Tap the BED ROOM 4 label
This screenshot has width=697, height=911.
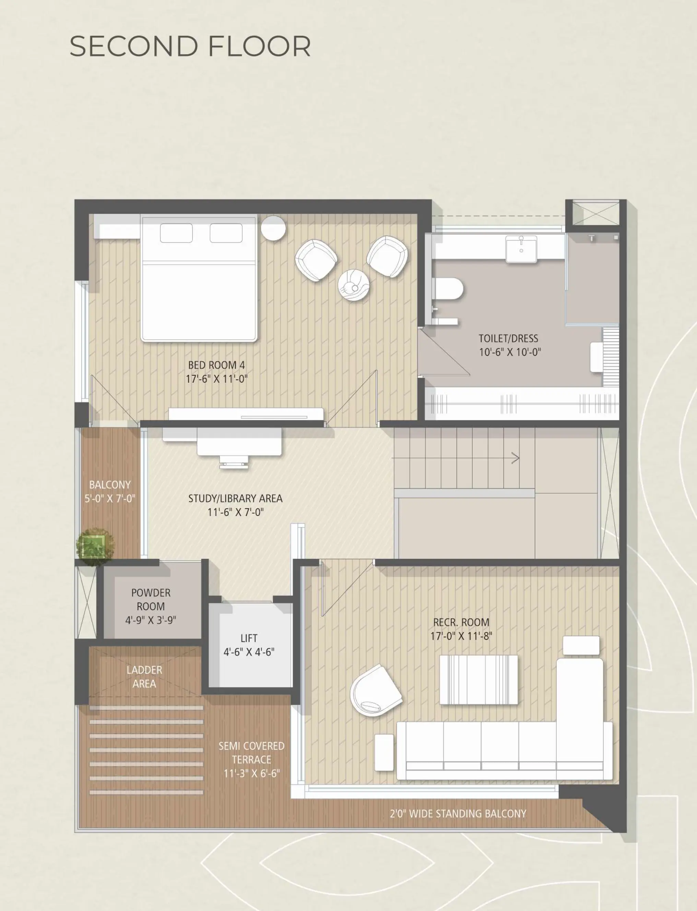(216, 365)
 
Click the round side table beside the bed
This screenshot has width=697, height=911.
(273, 228)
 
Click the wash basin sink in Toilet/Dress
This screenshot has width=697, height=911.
(521, 249)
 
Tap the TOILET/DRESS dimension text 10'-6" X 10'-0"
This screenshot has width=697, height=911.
(510, 352)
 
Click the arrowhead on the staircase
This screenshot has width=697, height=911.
(515, 458)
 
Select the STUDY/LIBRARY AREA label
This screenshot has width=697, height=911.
(235, 499)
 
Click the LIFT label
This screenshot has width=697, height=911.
(249, 638)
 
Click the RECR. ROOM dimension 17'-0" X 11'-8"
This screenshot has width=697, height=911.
(461, 636)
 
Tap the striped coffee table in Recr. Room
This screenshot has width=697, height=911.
(479, 680)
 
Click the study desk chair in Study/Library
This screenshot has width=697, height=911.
(235, 461)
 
